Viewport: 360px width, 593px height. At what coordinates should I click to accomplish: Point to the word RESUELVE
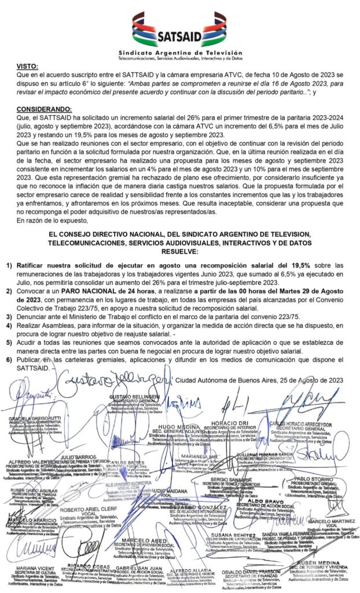click(180, 252)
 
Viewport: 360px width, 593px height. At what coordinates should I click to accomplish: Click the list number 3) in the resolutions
click(10, 317)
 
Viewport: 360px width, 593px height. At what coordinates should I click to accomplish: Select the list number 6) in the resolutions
click(10, 360)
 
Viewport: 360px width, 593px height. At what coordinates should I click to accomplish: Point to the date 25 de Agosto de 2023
click(297, 380)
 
